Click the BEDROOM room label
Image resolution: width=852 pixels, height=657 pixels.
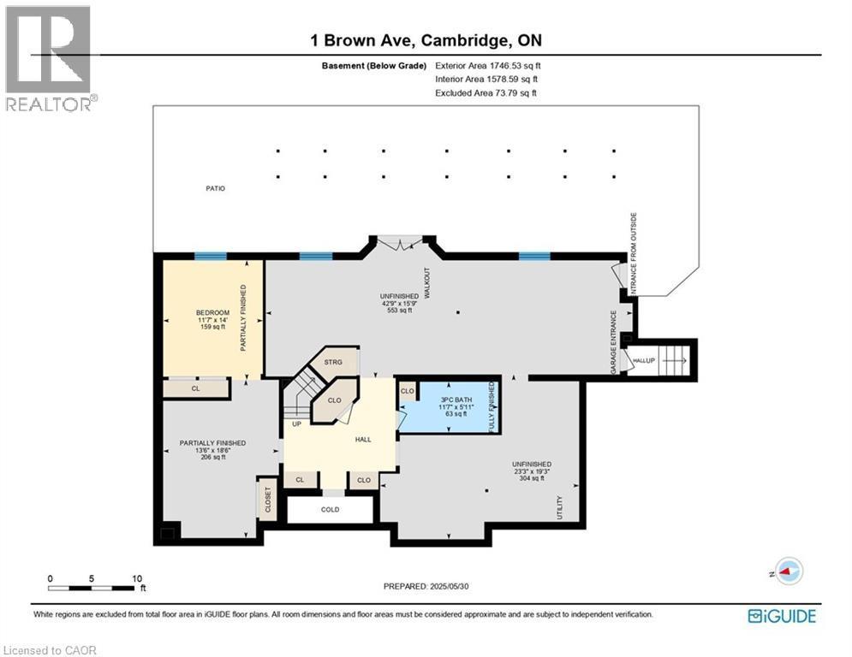pos(212,312)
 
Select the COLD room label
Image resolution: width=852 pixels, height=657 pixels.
pos(330,510)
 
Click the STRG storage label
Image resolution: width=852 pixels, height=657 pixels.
pos(333,363)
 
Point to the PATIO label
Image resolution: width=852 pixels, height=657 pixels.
pos(215,188)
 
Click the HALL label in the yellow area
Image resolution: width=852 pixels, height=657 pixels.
pos(363,439)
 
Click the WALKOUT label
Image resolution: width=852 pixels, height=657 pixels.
pos(426,282)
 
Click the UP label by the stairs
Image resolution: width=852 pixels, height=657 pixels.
pos(297,423)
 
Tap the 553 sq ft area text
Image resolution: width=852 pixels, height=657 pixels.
pos(399,311)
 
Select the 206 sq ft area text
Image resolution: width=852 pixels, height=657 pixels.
pos(212,458)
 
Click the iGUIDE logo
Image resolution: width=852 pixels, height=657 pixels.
pos(782,616)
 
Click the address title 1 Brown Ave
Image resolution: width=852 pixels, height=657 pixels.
pos(426,41)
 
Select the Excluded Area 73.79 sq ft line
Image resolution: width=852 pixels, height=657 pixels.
pos(488,92)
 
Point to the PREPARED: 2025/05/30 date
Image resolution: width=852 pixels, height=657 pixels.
pos(426,586)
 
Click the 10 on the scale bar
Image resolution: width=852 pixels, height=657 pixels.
pos(137,578)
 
